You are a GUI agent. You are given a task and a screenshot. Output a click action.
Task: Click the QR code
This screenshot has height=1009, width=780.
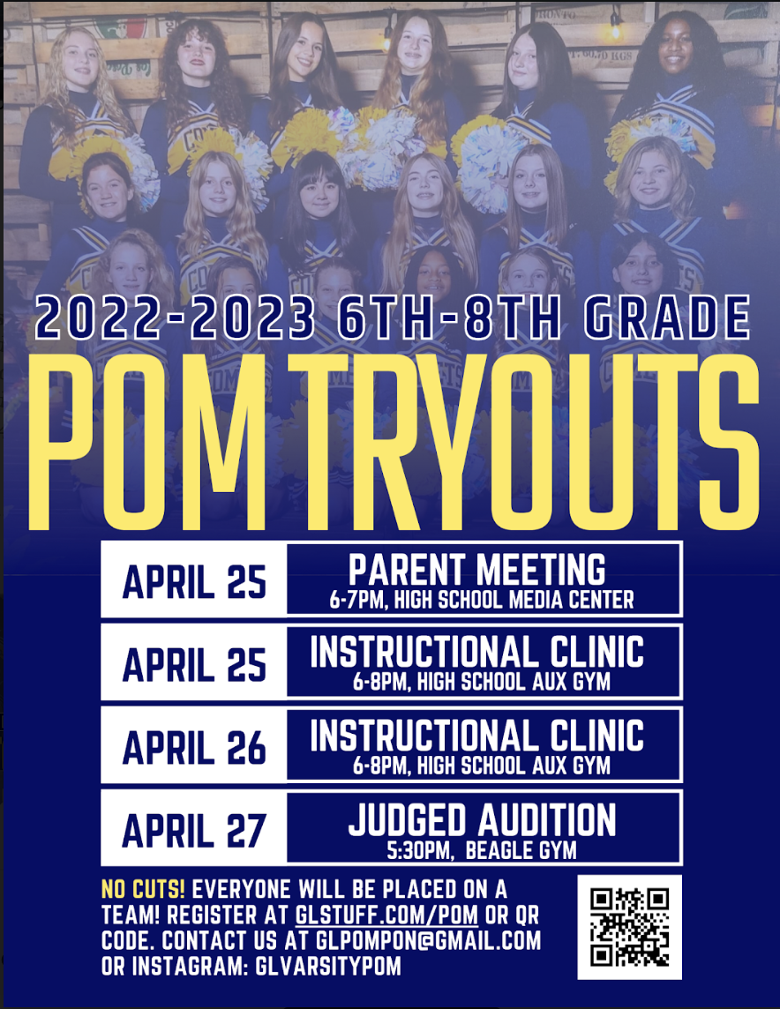(x=629, y=927)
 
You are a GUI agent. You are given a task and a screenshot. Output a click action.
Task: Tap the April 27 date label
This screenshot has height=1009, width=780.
(x=194, y=830)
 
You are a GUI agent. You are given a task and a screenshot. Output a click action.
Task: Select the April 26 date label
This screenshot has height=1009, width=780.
(x=194, y=747)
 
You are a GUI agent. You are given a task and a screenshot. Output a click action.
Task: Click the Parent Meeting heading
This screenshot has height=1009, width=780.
(x=476, y=570)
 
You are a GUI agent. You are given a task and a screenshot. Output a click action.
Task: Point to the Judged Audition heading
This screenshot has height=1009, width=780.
(x=482, y=820)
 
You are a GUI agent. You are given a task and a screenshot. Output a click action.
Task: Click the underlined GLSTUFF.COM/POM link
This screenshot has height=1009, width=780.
(x=386, y=915)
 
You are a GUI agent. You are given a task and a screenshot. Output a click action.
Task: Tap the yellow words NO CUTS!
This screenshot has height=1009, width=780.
(x=144, y=889)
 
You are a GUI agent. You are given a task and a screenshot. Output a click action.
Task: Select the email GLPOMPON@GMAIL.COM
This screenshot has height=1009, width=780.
(x=428, y=941)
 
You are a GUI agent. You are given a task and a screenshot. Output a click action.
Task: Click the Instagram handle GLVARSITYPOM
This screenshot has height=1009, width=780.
(x=328, y=966)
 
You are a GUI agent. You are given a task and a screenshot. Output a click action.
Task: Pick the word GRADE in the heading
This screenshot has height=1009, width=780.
(x=667, y=318)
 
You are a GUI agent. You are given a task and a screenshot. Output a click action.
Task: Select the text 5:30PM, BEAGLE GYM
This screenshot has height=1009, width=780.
(x=482, y=851)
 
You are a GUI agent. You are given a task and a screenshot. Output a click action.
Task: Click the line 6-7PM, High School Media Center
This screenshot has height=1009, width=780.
(x=482, y=601)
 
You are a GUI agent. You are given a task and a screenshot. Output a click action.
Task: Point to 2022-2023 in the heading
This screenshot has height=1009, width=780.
(x=176, y=318)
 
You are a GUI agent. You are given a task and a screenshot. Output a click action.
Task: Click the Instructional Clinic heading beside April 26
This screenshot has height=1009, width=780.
(x=476, y=736)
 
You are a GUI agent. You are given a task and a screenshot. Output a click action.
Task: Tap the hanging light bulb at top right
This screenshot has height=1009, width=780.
(x=616, y=27)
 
